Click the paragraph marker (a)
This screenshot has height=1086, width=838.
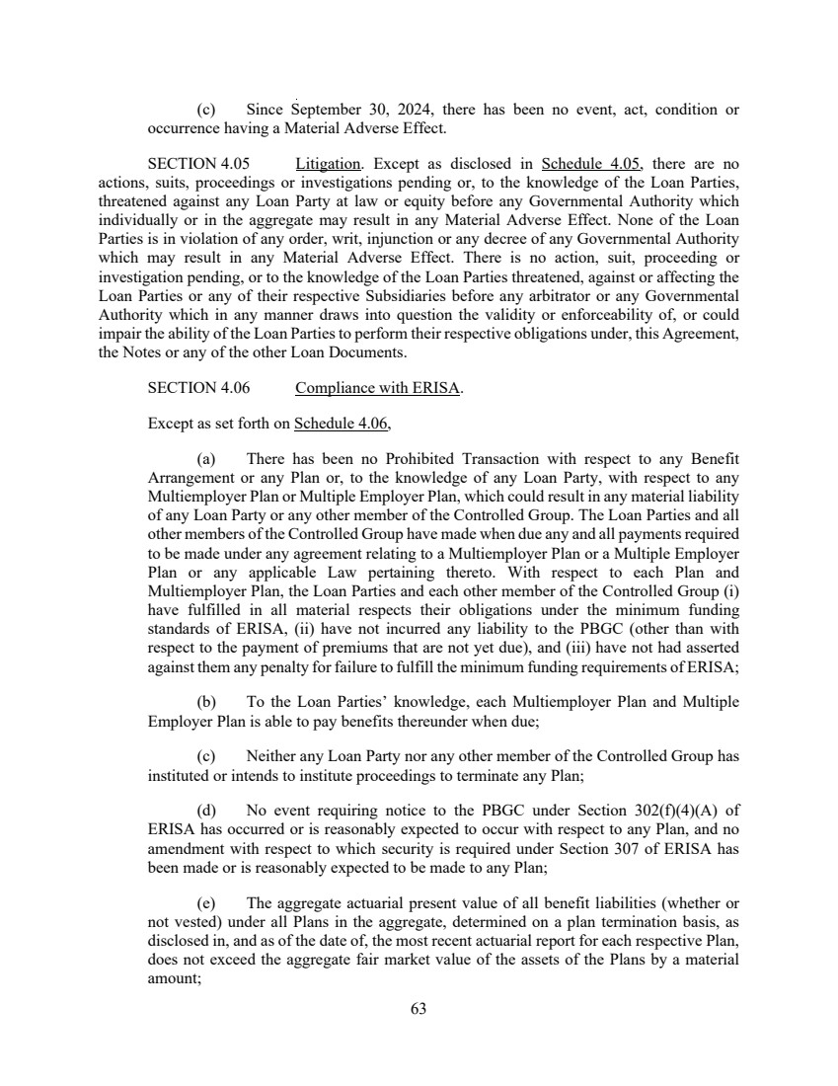tap(206, 459)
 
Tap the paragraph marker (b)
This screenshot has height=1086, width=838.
tap(206, 702)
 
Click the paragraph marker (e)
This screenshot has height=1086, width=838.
tap(206, 903)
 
